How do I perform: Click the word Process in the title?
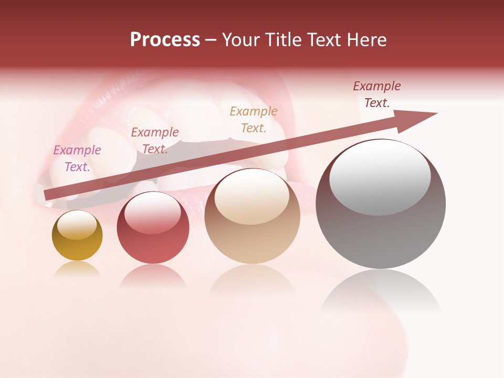point(165,40)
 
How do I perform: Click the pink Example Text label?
point(77,159)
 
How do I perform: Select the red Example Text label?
point(155,141)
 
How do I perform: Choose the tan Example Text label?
point(254,119)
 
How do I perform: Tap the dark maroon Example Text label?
point(377,94)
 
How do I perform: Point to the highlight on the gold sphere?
point(77,225)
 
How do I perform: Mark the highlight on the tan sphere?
point(251,196)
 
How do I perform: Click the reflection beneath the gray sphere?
point(381,291)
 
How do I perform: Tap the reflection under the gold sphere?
point(77,269)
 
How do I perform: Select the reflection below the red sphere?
point(153,276)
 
